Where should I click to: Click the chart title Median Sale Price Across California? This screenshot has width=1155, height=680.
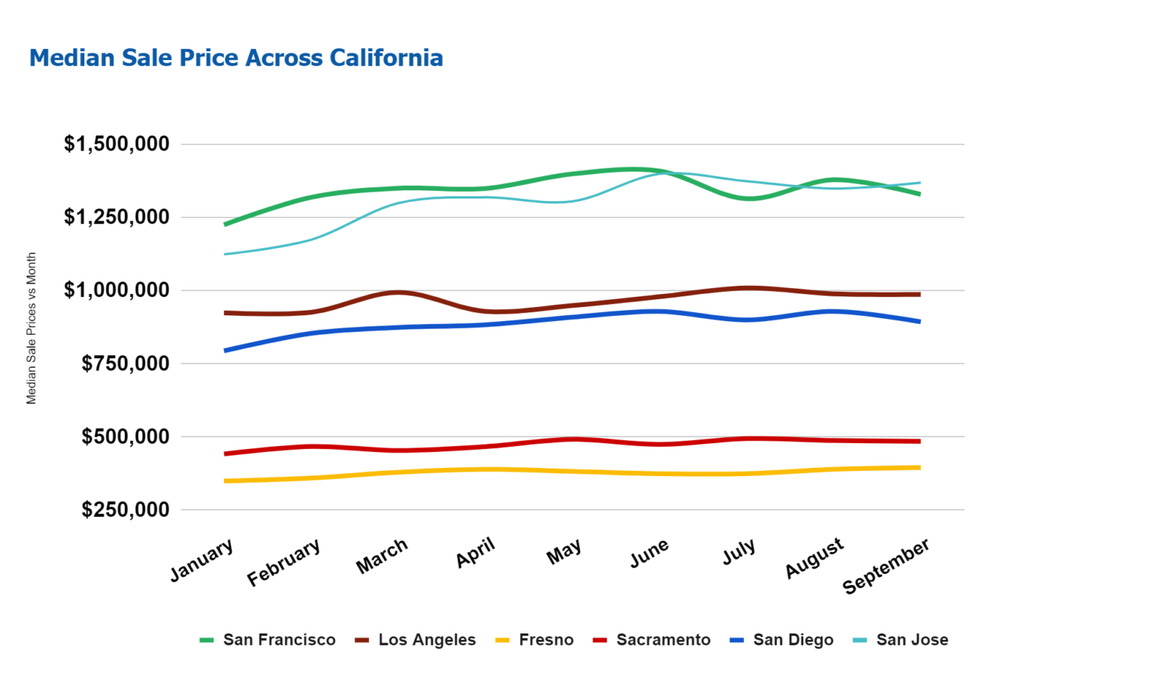tap(236, 58)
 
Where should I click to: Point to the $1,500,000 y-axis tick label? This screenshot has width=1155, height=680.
tap(117, 144)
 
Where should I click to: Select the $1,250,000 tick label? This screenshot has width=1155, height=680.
tap(117, 217)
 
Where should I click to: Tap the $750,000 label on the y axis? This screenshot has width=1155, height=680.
tap(126, 363)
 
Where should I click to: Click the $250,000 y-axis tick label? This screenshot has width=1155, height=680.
tap(126, 509)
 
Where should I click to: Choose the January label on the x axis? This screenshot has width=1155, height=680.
tap(202, 560)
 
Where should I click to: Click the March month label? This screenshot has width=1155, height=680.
tap(382, 557)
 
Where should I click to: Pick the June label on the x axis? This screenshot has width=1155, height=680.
tap(650, 554)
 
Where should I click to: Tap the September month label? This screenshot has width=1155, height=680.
tap(886, 566)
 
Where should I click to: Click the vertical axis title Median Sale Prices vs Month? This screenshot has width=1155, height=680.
tap(32, 328)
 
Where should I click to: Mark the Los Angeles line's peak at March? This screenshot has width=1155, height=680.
tap(399, 293)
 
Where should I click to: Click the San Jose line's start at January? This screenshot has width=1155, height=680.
tap(226, 254)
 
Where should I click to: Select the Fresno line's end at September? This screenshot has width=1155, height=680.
tap(919, 467)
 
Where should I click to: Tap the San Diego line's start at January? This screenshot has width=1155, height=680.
tap(226, 351)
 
